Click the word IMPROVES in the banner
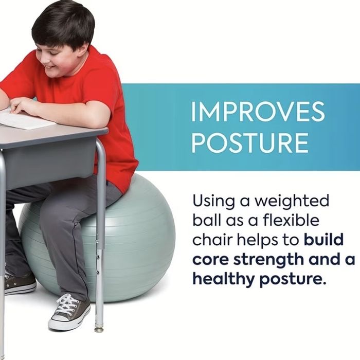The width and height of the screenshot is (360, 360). tap(258, 112)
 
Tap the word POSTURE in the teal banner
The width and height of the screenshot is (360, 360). tap(250, 142)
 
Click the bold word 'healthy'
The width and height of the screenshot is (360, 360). tap(224, 279)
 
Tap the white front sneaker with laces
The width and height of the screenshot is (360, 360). tap(69, 312)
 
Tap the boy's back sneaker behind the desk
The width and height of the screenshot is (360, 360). tap(20, 283)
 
